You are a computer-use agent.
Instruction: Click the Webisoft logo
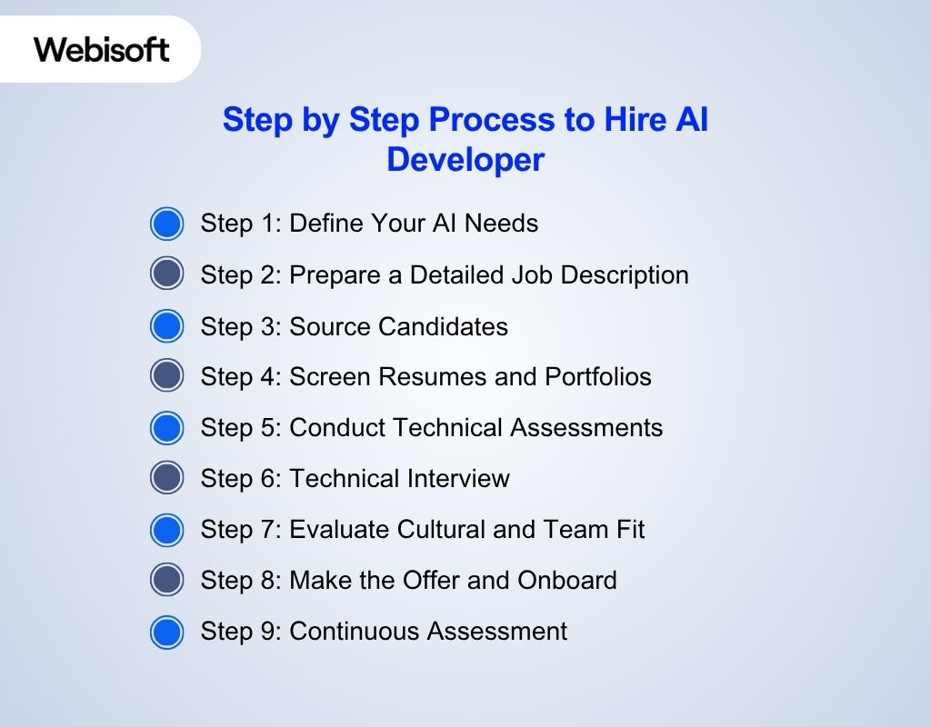102,49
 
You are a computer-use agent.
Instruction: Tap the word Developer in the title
465,159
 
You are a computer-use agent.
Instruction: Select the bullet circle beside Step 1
166,224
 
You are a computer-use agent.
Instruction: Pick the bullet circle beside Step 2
166,274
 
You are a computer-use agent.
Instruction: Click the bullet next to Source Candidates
166,326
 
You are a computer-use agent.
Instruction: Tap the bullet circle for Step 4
166,376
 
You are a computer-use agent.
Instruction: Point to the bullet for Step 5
166,428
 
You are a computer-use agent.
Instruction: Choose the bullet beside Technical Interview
166,479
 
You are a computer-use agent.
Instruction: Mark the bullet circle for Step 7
166,530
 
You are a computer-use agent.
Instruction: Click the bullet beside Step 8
166,581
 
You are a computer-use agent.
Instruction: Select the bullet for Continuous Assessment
166,632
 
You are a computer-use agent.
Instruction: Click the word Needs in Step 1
501,224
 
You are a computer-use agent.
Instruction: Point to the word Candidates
443,326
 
